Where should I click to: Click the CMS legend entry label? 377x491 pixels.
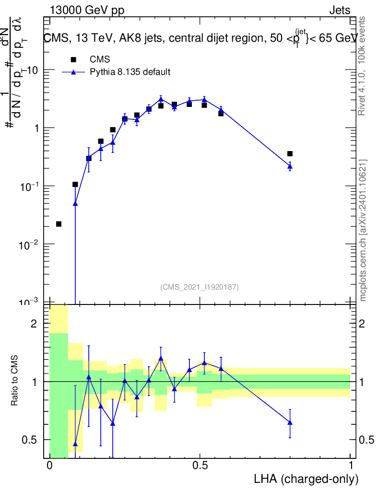pyautogui.click(x=100, y=59)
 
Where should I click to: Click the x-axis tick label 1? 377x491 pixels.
pyautogui.click(x=351, y=466)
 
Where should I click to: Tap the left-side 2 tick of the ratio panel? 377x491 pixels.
pyautogui.click(x=34, y=324)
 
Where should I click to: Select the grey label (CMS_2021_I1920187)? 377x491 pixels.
pyautogui.click(x=200, y=287)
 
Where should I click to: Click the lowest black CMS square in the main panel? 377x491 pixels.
pyautogui.click(x=59, y=224)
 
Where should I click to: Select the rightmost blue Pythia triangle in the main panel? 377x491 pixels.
pyautogui.click(x=290, y=166)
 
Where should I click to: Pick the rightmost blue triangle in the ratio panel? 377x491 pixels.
pyautogui.click(x=290, y=422)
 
